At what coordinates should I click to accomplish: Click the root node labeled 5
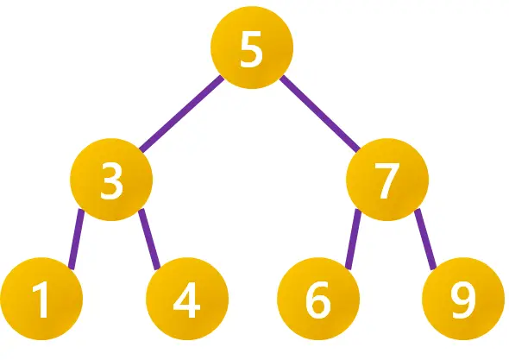[252, 47]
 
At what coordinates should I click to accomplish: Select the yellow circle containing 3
[111, 180]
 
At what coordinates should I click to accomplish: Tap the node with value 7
[387, 180]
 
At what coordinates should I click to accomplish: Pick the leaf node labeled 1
[41, 299]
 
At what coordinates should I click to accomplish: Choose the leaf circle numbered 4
[187, 299]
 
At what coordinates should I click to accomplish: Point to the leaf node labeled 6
[318, 299]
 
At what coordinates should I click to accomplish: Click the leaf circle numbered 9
[463, 299]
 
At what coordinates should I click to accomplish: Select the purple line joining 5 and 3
[181, 114]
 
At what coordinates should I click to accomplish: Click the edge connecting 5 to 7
[320, 113]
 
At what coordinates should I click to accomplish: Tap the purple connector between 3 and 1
[77, 239]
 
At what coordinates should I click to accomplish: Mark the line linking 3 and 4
[149, 239]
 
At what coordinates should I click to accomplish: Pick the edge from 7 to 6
[353, 239]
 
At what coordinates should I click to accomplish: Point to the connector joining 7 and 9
[425, 239]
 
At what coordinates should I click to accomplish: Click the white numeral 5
[251, 49]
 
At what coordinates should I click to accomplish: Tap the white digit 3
[111, 180]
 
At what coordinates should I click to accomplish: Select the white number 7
[387, 180]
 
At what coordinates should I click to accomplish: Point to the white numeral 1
[41, 300]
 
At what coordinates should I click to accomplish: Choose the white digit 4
[186, 300]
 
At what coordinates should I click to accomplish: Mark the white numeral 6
[318, 300]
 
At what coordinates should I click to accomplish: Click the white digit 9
[463, 300]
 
